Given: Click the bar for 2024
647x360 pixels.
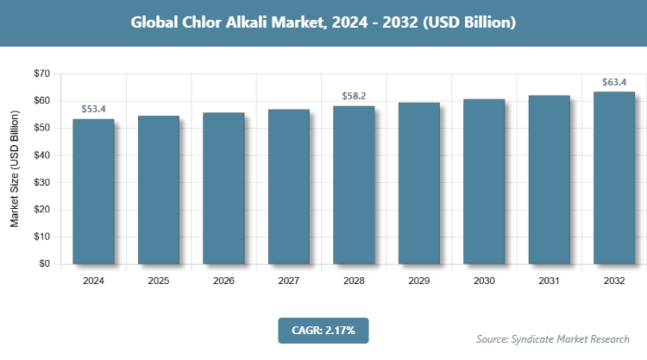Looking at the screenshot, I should (x=93, y=191).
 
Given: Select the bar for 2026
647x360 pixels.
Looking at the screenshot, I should (x=223, y=188).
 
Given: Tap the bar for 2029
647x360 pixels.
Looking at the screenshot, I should (x=418, y=183).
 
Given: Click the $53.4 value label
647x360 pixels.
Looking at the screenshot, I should (x=93, y=110).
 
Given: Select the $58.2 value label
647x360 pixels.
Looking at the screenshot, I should (x=354, y=97).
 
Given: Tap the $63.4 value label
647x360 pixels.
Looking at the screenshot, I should (x=614, y=83).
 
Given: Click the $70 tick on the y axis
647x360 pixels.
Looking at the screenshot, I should (x=40, y=73).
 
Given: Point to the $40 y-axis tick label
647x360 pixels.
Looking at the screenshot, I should (x=40, y=155).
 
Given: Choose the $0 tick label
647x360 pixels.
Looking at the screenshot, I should (x=43, y=264).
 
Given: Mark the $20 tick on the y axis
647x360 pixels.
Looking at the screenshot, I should (x=40, y=210).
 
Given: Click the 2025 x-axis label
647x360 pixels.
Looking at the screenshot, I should (x=159, y=281).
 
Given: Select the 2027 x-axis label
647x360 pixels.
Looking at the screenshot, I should (x=289, y=281).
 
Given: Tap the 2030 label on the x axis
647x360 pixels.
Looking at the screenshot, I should (x=484, y=281).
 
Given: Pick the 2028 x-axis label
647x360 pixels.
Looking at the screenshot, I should (x=354, y=281).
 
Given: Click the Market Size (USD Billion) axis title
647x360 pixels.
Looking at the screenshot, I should (x=15, y=168).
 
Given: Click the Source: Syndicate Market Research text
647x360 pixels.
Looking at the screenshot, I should (x=553, y=338).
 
